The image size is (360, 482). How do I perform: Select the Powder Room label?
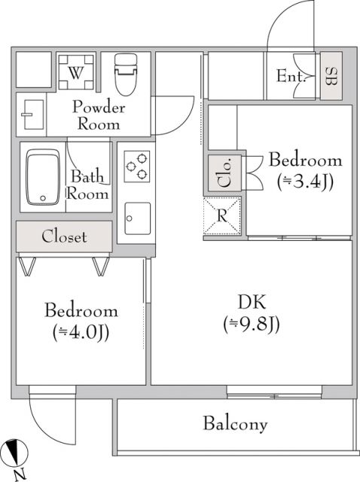click(98, 115)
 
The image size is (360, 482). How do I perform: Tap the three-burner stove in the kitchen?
click(136, 166)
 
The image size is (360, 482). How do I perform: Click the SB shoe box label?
click(331, 76)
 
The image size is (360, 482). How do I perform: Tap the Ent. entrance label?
click(290, 76)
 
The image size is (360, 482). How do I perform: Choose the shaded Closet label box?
click(64, 236)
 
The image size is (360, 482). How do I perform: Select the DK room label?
click(252, 302)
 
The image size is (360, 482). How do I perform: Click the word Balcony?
click(235, 424)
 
